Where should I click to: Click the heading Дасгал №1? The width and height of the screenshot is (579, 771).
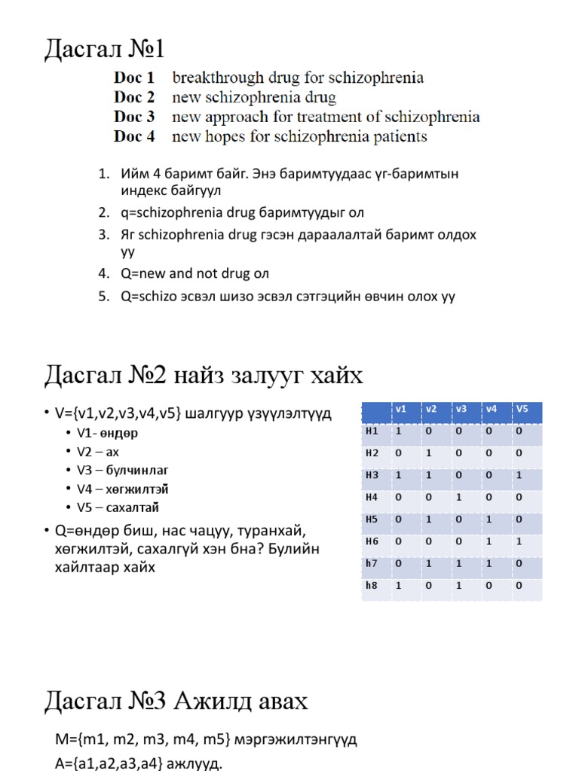(104, 50)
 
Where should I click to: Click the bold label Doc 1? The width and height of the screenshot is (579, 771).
(134, 78)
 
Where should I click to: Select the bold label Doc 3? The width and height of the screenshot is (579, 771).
(134, 117)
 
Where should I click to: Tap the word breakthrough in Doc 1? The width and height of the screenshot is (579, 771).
(211, 78)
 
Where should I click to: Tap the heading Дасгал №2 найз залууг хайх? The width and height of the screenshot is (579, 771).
(203, 374)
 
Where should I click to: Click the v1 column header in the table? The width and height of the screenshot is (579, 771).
(401, 409)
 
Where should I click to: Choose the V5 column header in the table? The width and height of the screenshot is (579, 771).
(522, 409)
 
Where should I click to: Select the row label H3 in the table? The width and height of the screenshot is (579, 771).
(371, 475)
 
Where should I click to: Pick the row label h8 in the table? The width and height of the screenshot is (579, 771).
(371, 585)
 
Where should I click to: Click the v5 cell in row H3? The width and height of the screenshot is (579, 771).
(519, 475)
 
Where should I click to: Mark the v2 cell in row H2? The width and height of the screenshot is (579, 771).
(429, 453)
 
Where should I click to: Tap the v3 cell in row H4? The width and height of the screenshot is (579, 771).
(459, 497)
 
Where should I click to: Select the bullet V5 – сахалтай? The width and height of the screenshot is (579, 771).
(118, 507)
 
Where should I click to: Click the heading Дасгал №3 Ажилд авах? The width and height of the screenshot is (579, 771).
(176, 702)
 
